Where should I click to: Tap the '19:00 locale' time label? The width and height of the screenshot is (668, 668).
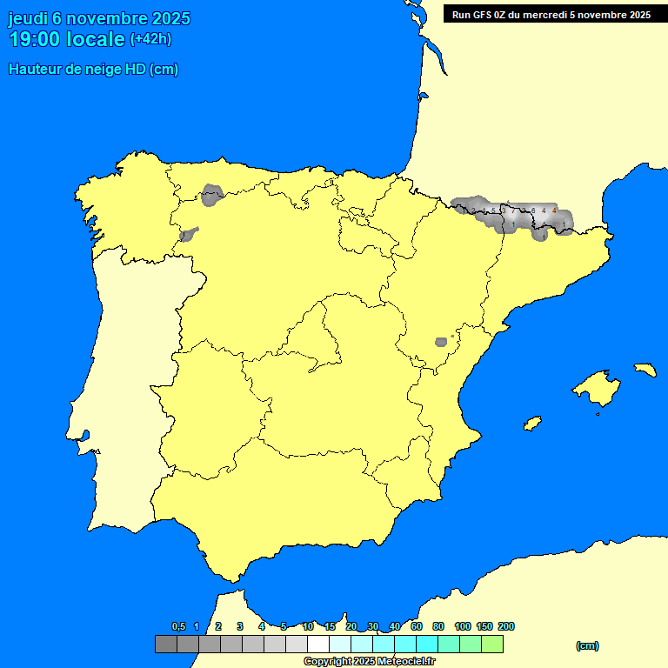(x=66, y=39)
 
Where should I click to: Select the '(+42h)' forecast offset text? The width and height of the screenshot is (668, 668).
(x=150, y=39)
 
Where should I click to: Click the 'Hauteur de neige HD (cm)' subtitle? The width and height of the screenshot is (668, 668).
(x=93, y=70)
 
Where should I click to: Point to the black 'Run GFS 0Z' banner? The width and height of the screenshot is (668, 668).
(x=552, y=14)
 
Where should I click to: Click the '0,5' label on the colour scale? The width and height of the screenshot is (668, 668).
(x=178, y=626)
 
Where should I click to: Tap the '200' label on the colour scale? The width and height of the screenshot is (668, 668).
(x=506, y=626)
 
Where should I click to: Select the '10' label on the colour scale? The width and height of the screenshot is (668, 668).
(x=308, y=626)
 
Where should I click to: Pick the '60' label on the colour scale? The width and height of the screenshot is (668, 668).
(x=417, y=626)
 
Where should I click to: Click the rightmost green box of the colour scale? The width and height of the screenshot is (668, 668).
(x=492, y=644)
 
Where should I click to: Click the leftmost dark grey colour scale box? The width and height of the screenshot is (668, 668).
(x=166, y=644)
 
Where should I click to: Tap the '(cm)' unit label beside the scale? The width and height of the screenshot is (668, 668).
(x=587, y=645)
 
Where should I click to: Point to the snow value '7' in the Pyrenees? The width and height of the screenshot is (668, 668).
(x=511, y=210)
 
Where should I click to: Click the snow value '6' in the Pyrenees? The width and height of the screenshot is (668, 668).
(x=532, y=211)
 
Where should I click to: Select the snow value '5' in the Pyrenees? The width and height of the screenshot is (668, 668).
(x=493, y=210)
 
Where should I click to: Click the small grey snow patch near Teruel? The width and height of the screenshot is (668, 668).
(x=441, y=342)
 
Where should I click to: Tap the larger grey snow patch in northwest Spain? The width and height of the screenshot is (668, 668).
(x=212, y=195)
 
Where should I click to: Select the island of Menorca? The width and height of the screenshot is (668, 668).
(x=645, y=370)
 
